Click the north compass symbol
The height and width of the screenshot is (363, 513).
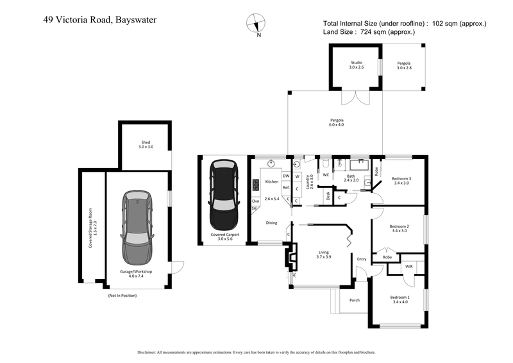[257, 22]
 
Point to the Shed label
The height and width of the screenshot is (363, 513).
[146, 144]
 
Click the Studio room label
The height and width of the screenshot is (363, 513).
[356, 65]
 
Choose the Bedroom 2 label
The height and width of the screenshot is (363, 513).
[399, 228]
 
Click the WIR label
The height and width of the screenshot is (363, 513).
[408, 266]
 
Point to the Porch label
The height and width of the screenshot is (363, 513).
[354, 300]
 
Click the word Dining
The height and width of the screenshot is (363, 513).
[271, 223]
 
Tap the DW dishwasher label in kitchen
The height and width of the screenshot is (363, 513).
[286, 176]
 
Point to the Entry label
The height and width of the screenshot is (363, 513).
[362, 258]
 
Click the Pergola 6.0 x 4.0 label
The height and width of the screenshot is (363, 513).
[337, 122]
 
